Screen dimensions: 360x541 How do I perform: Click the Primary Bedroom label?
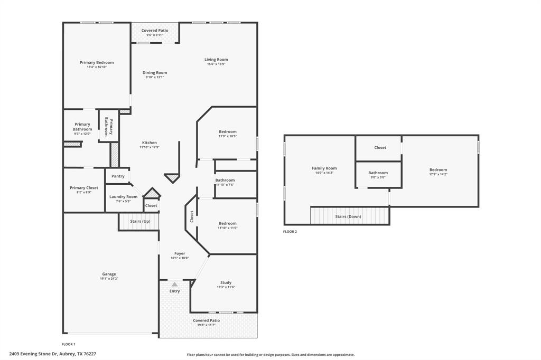[x=97, y=62]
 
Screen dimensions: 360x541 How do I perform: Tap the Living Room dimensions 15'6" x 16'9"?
[x=216, y=64]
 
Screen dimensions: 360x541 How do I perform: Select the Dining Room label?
[x=155, y=73]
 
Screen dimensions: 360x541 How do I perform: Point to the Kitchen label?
[x=149, y=143]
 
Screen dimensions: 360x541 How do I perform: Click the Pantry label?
[x=118, y=176]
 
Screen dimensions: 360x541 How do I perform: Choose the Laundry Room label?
[x=123, y=197]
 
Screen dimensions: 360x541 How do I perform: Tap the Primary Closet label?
[x=84, y=188]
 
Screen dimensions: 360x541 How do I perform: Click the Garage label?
[x=109, y=274]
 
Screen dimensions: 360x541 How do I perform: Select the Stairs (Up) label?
[x=140, y=221]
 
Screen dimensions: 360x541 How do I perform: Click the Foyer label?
[x=180, y=253]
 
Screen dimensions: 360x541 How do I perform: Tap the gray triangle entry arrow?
[x=174, y=285]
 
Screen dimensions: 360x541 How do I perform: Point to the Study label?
[x=226, y=282]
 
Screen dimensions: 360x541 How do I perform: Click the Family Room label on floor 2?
[x=324, y=168]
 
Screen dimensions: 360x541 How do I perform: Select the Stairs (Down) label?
[x=348, y=216]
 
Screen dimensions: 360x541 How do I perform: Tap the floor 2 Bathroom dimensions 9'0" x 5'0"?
[x=378, y=177]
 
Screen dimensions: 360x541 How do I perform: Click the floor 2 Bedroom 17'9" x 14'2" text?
[x=438, y=174]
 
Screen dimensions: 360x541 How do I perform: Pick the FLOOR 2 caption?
[x=290, y=231]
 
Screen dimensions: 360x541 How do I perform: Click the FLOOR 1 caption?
[x=69, y=344]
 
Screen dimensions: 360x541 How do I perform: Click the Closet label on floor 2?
[x=380, y=148]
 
